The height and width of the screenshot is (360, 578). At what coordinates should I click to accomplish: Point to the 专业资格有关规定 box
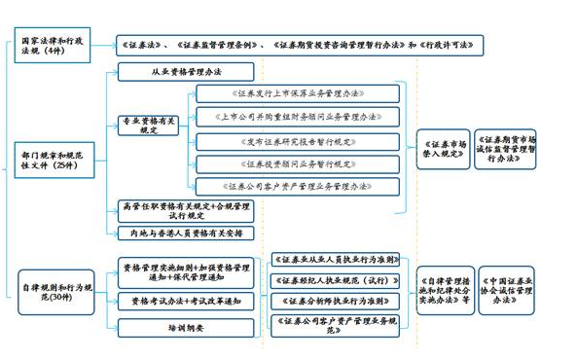[149, 125]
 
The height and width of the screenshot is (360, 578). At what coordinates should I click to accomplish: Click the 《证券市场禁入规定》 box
[445, 147]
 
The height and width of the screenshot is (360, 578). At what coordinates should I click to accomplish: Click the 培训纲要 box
[186, 328]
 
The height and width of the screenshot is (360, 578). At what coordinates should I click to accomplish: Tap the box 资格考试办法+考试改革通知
[186, 301]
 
